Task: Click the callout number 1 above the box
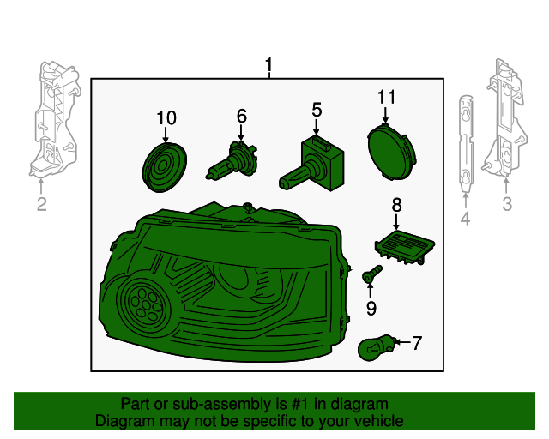[269, 65]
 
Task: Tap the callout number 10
[166, 117]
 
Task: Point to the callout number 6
[241, 115]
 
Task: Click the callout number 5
[317, 109]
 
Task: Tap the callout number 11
[386, 98]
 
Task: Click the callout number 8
[396, 204]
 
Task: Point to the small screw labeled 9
[371, 274]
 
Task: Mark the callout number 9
[371, 308]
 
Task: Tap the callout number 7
[417, 344]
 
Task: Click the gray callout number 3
[507, 204]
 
